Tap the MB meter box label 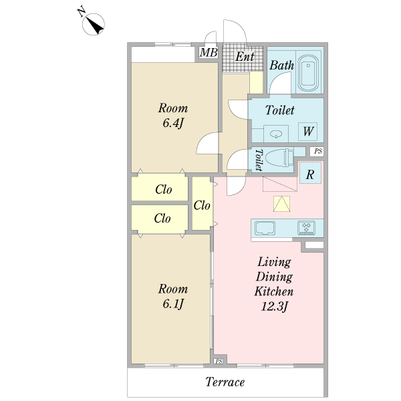click(x=209, y=52)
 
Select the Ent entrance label click(x=244, y=57)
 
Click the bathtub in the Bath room click(x=308, y=73)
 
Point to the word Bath click(x=281, y=65)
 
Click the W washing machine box click(x=308, y=131)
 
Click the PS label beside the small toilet click(x=318, y=152)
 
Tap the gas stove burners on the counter click(x=308, y=227)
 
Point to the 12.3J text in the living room click(x=275, y=307)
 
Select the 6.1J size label click(x=172, y=304)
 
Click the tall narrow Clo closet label click(x=203, y=205)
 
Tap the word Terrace click(x=225, y=383)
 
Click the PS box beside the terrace click(x=219, y=362)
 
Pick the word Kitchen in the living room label click(x=275, y=291)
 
